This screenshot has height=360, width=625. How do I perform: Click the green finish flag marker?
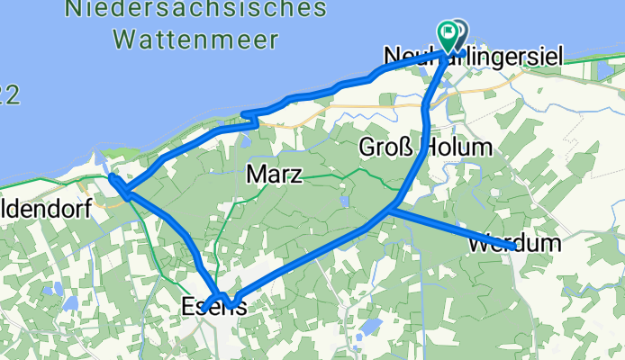pos(448,32)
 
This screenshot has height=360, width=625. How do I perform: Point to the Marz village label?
pos(273,175)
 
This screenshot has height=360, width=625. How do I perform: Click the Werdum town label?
pos(515,244)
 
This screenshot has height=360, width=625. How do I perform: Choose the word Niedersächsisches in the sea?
pos(195,11)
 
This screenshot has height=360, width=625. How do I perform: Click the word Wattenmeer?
pos(195,39)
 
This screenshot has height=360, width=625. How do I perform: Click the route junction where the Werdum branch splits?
pos(394,208)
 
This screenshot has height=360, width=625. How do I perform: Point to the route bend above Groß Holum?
pos(426,108)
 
